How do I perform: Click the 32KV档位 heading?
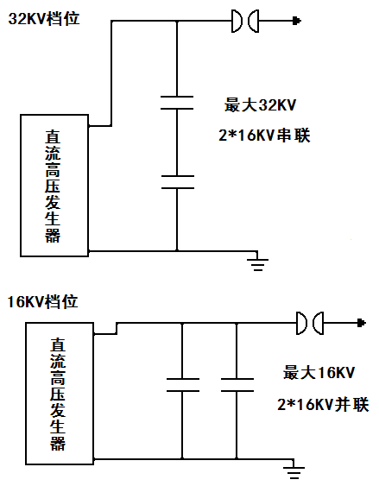click(44, 19)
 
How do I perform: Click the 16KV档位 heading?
click(42, 301)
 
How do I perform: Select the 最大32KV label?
click(261, 105)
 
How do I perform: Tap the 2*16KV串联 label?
click(264, 136)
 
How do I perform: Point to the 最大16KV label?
click(319, 373)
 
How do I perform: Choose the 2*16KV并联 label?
click(323, 405)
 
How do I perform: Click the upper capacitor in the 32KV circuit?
click(177, 103)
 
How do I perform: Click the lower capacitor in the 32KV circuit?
click(178, 182)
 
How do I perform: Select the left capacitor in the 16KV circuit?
click(183, 385)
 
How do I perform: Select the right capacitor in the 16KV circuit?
click(237, 385)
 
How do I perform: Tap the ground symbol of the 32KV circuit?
click(258, 264)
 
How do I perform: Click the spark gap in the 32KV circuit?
click(245, 21)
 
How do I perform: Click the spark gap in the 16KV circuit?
click(310, 323)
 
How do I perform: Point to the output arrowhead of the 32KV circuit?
click(297, 21)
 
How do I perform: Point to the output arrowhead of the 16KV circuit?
click(362, 323)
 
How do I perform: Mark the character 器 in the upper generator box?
click(53, 236)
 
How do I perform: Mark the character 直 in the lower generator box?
click(58, 344)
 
